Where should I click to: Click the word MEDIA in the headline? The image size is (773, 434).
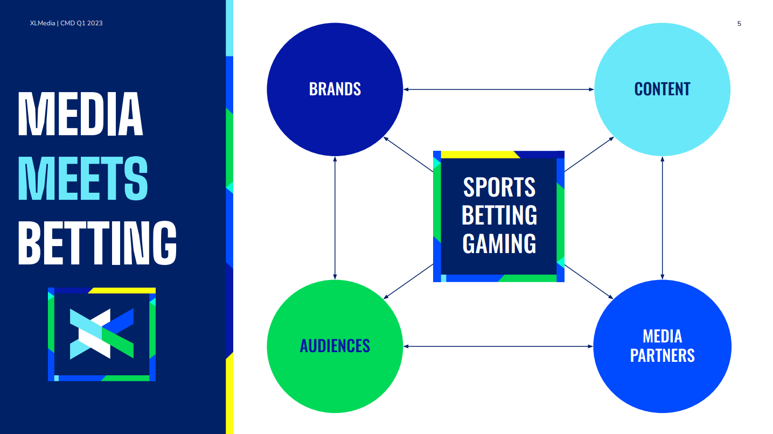pos(80,114)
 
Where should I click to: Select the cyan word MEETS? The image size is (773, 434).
pos(83,178)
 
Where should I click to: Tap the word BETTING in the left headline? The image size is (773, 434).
pos(98,243)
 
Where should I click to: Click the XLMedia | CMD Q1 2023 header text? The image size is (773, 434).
pos(66,23)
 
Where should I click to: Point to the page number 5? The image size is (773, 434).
pos(739,24)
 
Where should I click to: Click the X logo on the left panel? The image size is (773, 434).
pos(102,334)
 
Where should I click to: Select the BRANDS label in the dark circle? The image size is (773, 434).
pos(335,89)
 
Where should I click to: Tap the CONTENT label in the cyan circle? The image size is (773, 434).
pos(662,89)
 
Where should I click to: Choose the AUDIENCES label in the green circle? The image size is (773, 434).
pos(335,346)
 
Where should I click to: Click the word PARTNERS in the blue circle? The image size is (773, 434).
pos(662,356)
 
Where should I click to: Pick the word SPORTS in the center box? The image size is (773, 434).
pos(499,187)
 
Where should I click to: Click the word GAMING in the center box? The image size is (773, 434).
pos(499,243)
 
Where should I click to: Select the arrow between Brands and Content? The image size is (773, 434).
pos(499,89)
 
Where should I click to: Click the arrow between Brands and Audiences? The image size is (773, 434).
pos(335,218)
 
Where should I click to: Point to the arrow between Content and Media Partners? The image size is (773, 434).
pos(662,218)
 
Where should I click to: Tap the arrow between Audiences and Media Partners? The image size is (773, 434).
pos(498,346)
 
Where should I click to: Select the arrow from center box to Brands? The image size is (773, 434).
pos(408,154)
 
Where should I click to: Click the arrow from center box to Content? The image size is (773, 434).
pos(589,154)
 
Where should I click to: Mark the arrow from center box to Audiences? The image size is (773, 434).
pos(408,282)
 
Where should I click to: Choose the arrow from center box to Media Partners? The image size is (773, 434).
pos(589,282)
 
